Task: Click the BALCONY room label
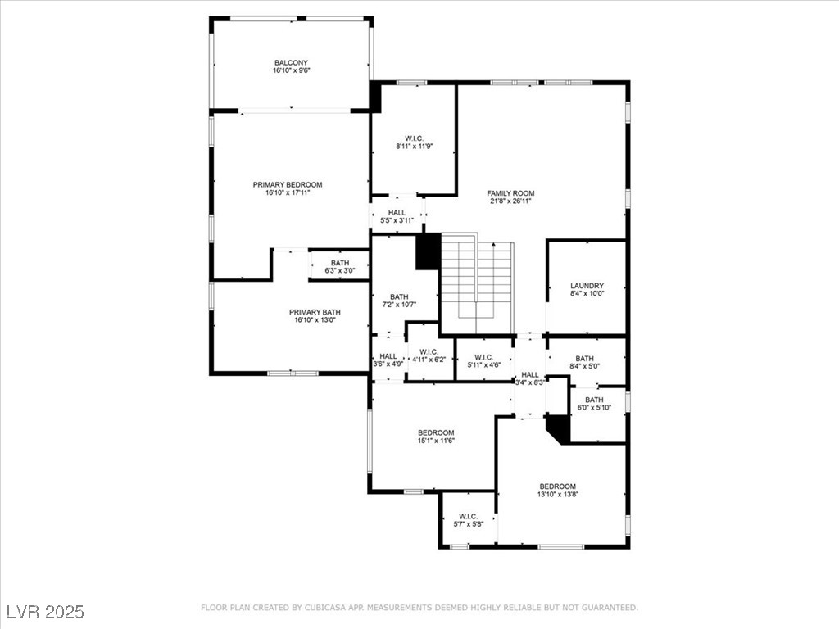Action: (291, 62)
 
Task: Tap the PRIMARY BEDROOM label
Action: (288, 184)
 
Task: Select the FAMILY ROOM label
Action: (510, 193)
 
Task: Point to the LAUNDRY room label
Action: (587, 286)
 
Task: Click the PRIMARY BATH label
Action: (315, 312)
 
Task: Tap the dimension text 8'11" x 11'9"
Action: (414, 146)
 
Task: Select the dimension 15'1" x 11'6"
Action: (436, 441)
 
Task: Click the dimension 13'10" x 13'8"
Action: (557, 494)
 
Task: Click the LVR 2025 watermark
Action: (46, 611)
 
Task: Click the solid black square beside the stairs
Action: (428, 251)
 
